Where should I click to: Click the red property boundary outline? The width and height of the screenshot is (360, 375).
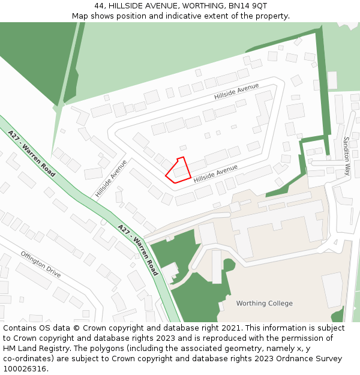pyautogui.click(x=178, y=170)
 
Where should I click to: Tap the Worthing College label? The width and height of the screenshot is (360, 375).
pyautogui.click(x=265, y=303)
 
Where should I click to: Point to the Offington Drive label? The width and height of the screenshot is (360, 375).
pyautogui.click(x=41, y=264)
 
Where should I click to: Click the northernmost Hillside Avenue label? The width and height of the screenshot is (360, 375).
pyautogui.click(x=236, y=92)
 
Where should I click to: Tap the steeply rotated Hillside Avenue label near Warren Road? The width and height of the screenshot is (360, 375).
pyautogui.click(x=111, y=178)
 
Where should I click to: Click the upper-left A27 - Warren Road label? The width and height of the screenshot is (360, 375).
pyautogui.click(x=32, y=154)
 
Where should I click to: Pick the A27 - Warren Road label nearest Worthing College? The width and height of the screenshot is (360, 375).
pyautogui.click(x=138, y=250)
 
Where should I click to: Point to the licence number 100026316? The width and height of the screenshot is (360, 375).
pyautogui.click(x=25, y=369)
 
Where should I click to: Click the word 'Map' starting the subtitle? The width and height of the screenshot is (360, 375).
pyautogui.click(x=80, y=16)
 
